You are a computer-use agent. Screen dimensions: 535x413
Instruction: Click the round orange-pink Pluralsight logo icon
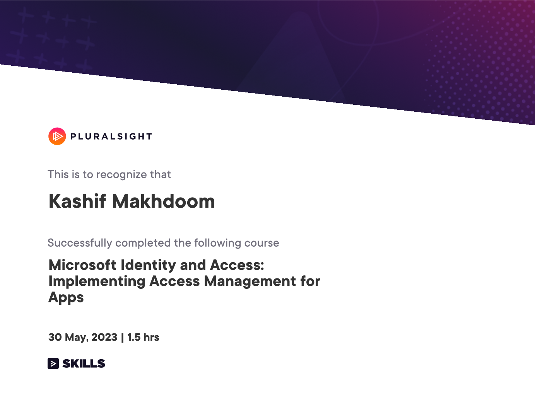tap(57, 136)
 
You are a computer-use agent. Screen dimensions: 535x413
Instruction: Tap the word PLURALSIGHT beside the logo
tap(111, 137)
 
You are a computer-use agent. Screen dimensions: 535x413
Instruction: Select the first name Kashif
tap(77, 201)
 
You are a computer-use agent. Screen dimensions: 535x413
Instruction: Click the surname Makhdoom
tap(164, 201)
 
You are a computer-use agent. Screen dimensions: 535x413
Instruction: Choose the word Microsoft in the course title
tap(82, 265)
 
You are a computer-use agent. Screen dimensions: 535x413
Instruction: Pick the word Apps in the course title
tap(66, 298)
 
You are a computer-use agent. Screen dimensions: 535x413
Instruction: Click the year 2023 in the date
tap(104, 337)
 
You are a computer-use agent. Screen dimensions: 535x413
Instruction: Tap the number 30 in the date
tap(55, 337)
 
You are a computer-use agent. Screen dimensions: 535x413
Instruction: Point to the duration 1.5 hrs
tap(143, 337)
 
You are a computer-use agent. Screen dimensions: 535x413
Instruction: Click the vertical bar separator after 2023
tap(122, 338)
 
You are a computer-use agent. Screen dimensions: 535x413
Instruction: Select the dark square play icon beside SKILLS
tap(53, 364)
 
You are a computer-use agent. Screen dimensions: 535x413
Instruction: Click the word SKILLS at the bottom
tap(84, 364)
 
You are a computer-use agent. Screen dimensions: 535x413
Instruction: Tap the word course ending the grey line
tap(262, 243)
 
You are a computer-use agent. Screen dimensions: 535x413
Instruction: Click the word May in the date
tap(77, 338)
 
